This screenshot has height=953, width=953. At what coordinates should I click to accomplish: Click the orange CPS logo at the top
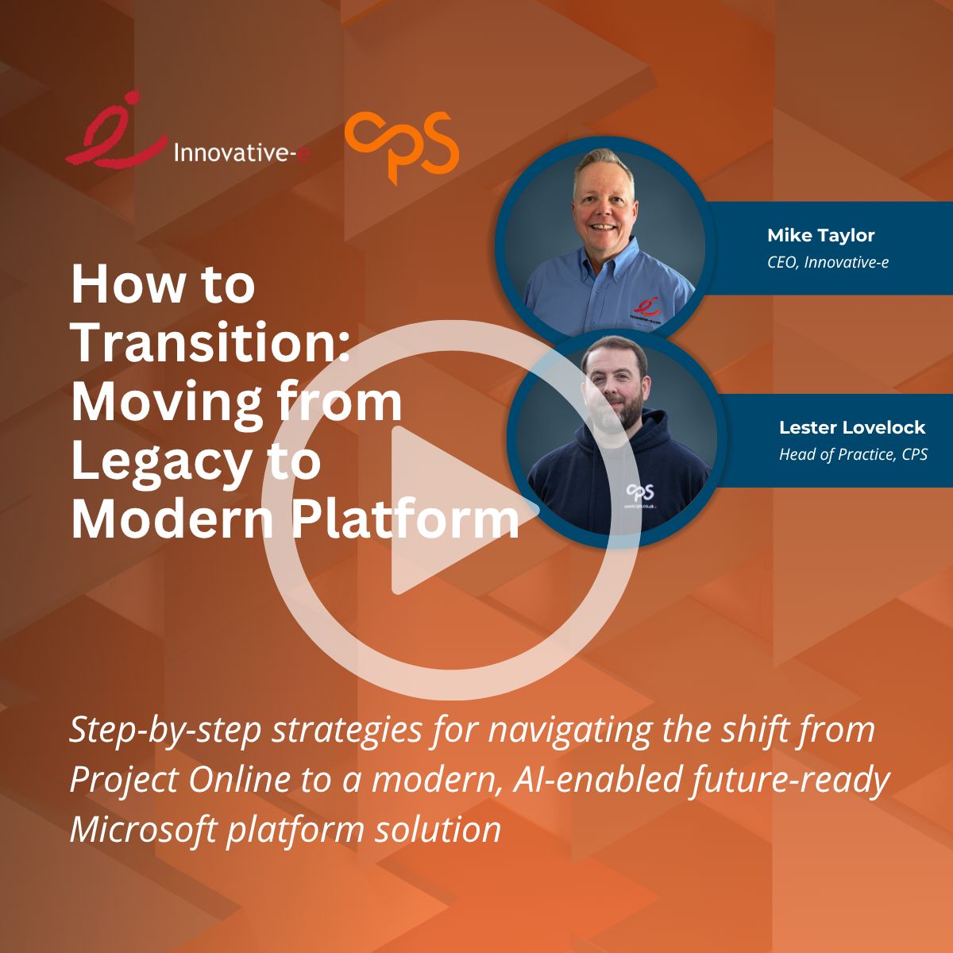[x=402, y=148]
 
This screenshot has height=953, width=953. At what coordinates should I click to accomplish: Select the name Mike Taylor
[x=820, y=235]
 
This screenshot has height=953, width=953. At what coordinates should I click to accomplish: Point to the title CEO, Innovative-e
[x=828, y=262]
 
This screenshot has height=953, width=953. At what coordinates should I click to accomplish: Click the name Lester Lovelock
[x=852, y=427]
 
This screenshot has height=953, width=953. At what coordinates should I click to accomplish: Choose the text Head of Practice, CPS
[x=853, y=454]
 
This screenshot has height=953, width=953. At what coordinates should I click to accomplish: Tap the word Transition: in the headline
[x=210, y=343]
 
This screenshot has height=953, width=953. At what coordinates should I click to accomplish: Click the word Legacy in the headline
[x=155, y=462]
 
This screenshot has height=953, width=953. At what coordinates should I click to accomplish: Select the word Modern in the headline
[x=172, y=520]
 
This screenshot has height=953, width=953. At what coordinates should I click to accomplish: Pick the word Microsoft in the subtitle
[x=143, y=830]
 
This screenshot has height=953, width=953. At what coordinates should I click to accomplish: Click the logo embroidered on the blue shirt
[x=646, y=308]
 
